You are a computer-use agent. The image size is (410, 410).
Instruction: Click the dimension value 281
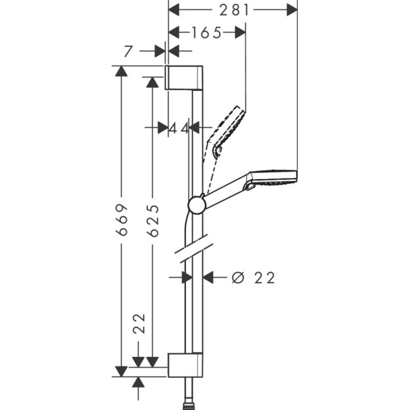pos(232,9)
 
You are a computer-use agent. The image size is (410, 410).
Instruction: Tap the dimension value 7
pos(128,52)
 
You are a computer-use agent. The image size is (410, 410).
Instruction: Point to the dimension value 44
pos(179,128)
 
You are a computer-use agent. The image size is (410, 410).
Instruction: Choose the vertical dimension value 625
pos(152,220)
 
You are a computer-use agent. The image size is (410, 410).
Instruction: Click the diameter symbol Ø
pos(237,278)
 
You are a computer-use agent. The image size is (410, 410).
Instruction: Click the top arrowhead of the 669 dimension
pos(121,71)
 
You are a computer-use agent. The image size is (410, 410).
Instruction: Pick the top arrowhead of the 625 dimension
pos(152,82)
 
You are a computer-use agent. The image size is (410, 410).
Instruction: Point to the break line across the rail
pos(192,249)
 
